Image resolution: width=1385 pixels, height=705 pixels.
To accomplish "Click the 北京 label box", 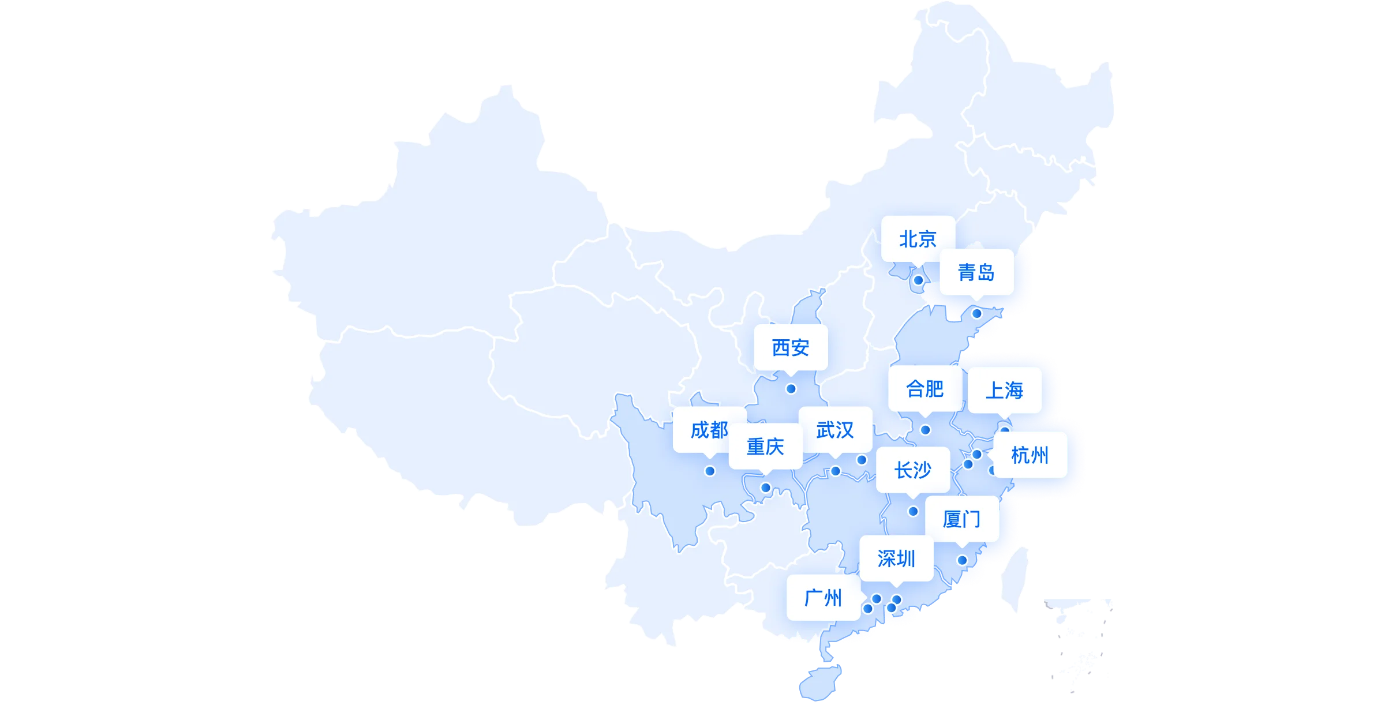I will [918, 238].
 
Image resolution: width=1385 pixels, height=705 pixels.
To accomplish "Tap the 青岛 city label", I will [976, 272].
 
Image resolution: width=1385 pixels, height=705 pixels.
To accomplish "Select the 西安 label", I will [791, 347].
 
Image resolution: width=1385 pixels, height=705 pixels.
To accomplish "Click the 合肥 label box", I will [924, 388].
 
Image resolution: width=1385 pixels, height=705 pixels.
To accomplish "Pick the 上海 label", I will [1004, 390].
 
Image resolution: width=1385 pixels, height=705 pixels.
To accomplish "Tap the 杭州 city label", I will [1030, 455].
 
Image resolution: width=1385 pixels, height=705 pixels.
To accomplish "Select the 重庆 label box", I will [765, 446].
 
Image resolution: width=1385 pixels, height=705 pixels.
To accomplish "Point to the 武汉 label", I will [835, 430].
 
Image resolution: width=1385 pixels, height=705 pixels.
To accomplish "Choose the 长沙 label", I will [912, 470].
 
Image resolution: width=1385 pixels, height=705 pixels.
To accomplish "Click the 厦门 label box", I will [961, 519].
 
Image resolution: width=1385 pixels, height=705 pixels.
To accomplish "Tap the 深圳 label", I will [896, 558].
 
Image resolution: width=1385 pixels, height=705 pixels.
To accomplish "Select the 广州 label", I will [823, 597].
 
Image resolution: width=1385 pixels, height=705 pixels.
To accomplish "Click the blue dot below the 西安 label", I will [791, 389].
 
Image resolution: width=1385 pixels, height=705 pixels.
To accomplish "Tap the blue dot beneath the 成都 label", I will [710, 471].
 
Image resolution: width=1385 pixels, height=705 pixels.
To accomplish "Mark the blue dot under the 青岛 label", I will [976, 313].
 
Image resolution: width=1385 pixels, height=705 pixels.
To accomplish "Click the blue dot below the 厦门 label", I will [962, 560].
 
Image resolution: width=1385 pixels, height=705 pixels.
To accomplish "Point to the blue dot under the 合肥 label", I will [925, 430].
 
